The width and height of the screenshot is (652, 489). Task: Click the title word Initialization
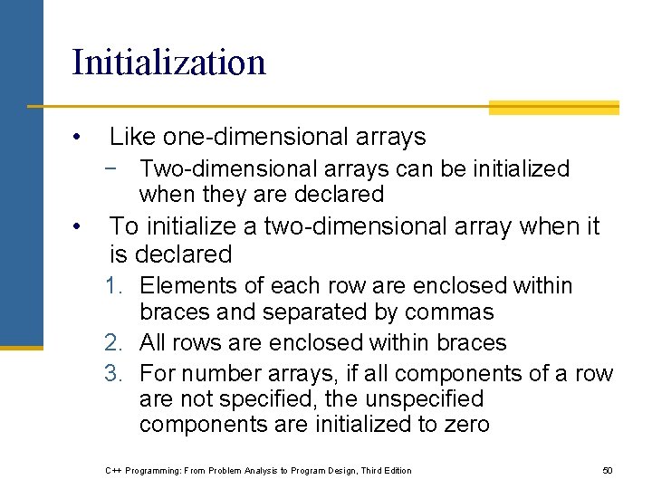(168, 62)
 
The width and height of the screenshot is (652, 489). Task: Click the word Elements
(184, 286)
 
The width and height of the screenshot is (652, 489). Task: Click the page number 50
(608, 470)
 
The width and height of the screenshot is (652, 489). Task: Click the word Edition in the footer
(395, 470)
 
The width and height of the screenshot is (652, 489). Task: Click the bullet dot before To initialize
(80, 225)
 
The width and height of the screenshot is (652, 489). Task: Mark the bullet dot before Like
(80, 138)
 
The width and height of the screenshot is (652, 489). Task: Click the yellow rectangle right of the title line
(553, 108)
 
